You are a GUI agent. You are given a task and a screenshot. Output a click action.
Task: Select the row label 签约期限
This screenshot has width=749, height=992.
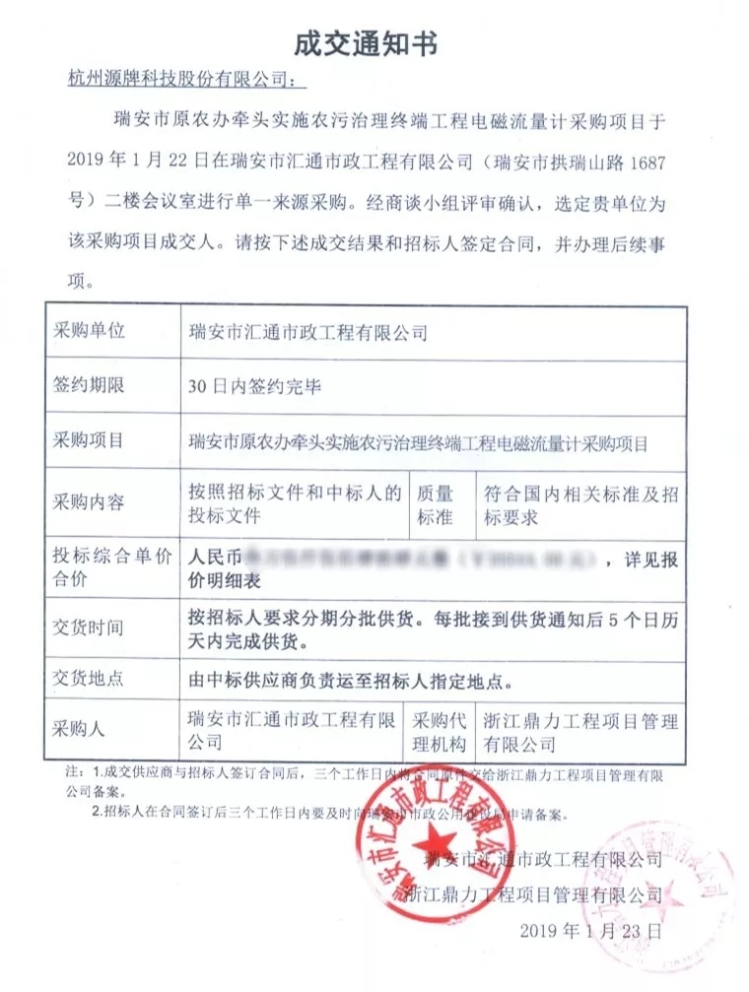(89, 385)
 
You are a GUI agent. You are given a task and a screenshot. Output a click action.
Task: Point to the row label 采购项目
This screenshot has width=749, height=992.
(89, 440)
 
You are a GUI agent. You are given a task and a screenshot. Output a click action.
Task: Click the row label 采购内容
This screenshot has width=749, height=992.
(89, 502)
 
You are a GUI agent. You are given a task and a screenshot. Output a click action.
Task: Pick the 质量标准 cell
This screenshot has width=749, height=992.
(436, 503)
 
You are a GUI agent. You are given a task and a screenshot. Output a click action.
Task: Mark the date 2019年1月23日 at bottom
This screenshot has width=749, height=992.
(588, 929)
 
